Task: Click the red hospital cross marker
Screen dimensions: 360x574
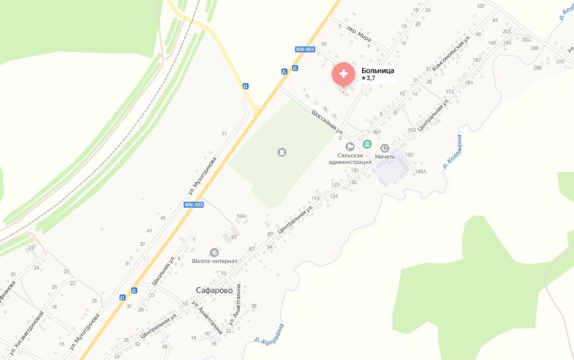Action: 343,74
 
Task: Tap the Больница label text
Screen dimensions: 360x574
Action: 378,71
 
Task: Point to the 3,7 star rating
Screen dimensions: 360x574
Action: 369,78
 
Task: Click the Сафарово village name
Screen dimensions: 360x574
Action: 214,290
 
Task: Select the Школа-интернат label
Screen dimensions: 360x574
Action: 214,261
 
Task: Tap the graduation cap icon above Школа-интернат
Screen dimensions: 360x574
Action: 214,252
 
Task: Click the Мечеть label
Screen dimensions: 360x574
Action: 385,157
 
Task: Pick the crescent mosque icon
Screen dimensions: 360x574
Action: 385,147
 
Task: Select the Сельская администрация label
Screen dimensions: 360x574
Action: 350,159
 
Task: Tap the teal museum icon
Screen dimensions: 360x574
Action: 367,145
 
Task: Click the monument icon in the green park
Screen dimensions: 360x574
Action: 282,152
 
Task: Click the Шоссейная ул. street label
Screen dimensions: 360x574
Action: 327,121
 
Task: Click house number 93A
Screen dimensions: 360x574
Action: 241,216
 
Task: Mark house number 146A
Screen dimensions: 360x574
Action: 420,171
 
